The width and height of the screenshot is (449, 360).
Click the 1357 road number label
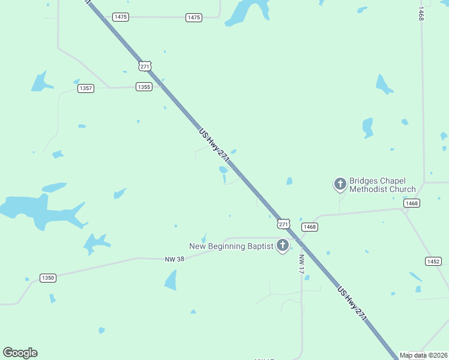pyautogui.click(x=86, y=88)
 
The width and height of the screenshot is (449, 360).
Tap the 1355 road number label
pyautogui.click(x=144, y=86)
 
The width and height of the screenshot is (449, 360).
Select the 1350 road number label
pyautogui.click(x=48, y=278)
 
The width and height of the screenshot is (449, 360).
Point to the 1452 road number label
pyautogui.click(x=433, y=261)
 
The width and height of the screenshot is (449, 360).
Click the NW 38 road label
pyautogui.click(x=173, y=259)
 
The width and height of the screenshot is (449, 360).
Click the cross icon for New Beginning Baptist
pyautogui.click(x=283, y=245)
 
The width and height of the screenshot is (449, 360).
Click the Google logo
pyautogui.click(x=20, y=353)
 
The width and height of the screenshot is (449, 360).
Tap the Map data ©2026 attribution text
pyautogui.click(x=424, y=355)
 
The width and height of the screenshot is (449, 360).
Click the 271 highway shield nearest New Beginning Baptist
pyautogui.click(x=284, y=224)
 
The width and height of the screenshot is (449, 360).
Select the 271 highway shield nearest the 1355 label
pyautogui.click(x=145, y=67)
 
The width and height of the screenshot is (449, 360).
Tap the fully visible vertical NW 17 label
pyautogui.click(x=302, y=265)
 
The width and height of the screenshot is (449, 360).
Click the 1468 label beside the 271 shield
pyautogui.click(x=309, y=227)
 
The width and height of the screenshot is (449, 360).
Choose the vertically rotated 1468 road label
pyautogui.click(x=421, y=15)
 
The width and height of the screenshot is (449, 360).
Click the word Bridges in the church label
pyautogui.click(x=364, y=181)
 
